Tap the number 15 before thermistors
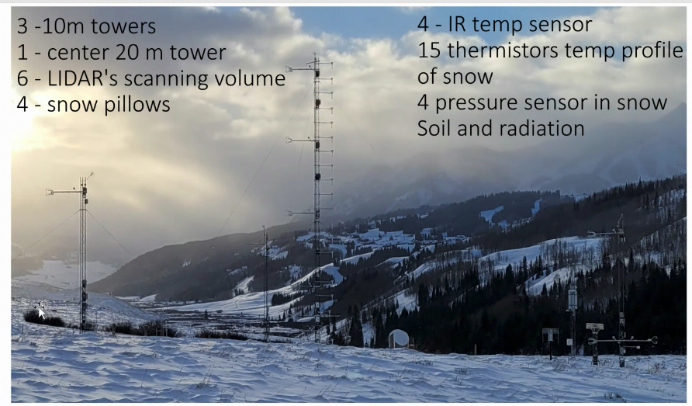[x=430, y=50]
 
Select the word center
[x=78, y=53]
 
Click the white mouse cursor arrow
[x=42, y=313]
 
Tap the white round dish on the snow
[x=399, y=338]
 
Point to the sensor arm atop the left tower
[x=66, y=191]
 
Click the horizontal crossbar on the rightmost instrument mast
[x=622, y=341]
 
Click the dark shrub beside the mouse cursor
[x=43, y=318]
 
